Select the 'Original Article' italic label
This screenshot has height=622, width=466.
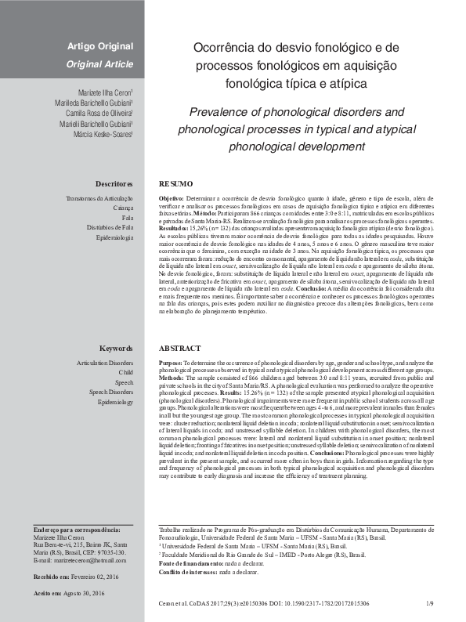[99, 63]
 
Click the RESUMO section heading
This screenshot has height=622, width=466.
[175, 183]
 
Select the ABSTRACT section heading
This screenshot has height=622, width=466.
[180, 348]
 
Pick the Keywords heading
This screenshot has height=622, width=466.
[117, 348]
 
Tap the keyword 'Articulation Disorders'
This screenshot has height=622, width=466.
[105, 364]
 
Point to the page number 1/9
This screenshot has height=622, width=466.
[429, 604]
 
